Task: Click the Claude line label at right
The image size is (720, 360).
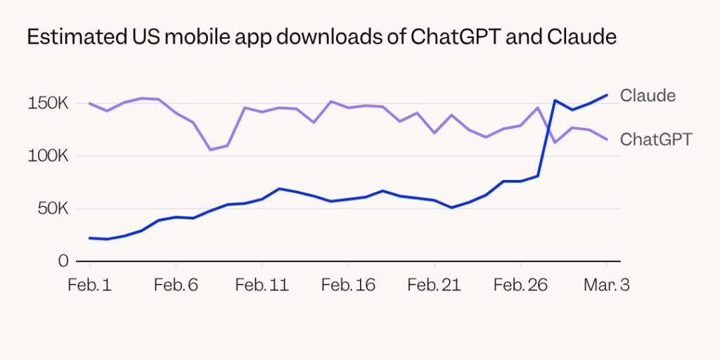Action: pos(647,96)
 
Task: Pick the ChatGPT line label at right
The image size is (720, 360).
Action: pos(655,139)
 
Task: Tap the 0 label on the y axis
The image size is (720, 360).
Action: pos(63,261)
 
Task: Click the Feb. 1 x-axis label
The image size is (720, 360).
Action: pos(89,285)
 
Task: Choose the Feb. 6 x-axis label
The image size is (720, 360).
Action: pos(176,285)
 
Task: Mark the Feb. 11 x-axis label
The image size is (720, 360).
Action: pos(262,285)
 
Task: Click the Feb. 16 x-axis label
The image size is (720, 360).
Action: pos(348,285)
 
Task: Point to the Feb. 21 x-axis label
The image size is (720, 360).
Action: pos(434,285)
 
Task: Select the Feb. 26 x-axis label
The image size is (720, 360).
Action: pos(520,285)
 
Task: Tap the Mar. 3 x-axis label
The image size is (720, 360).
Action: pos(606,285)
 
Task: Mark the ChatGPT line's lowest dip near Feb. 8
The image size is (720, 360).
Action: pos(210,150)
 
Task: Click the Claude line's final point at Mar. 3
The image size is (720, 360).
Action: pos(606,95)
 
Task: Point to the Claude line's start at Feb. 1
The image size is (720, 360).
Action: pos(90,238)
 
